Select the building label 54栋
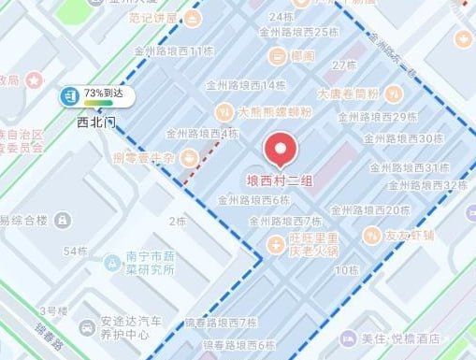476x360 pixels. pos(75,251)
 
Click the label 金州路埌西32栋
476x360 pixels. pos(418,185)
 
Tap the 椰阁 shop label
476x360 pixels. pos(302,58)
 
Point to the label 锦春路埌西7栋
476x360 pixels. pos(221,323)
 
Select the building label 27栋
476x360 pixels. pos(345,65)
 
